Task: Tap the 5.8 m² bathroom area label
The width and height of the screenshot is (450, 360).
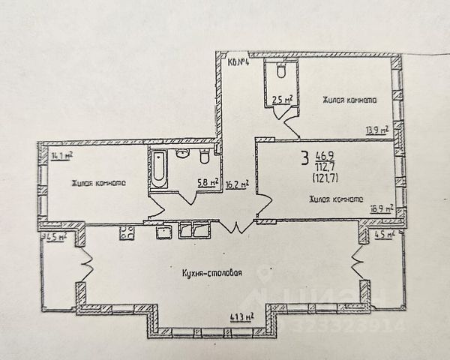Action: coord(208,181)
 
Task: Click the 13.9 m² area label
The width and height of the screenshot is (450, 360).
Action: coord(377,130)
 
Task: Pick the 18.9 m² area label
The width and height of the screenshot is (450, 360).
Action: coord(382,209)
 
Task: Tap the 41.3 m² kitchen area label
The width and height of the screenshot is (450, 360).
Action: coord(241,317)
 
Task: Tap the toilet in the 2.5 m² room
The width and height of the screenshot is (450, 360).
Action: coord(280,70)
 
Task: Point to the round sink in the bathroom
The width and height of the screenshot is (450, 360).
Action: coord(182,154)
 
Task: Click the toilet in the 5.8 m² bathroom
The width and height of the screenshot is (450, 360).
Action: coord(202,156)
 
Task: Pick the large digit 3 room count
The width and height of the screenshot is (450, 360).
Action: coord(304,157)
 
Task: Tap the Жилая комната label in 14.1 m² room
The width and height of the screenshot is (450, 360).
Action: coord(98,183)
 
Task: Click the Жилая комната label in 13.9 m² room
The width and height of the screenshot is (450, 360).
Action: coord(349,99)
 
